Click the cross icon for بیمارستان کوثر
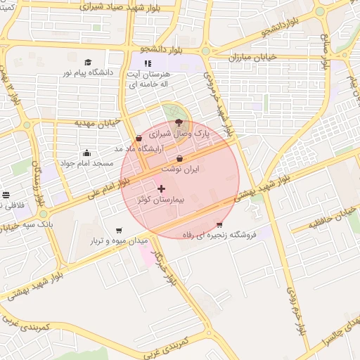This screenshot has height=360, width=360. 162,188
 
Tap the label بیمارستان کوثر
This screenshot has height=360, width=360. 162,200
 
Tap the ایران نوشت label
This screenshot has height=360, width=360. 180,169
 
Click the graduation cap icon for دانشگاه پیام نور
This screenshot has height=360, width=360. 88,62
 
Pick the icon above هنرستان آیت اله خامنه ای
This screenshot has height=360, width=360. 148,63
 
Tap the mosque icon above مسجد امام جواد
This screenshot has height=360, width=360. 86,153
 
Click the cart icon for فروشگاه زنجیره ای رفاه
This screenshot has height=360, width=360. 219,224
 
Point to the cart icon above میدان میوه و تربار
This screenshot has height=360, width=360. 119,230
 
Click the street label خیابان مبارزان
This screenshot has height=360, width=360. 253,56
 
